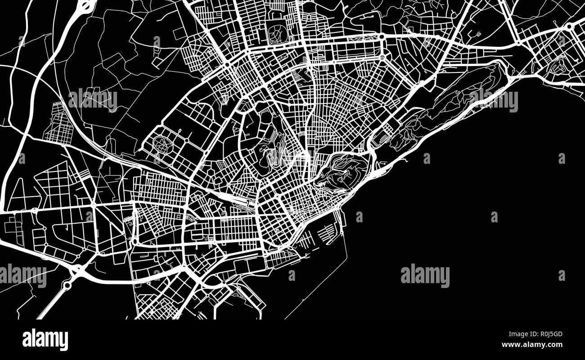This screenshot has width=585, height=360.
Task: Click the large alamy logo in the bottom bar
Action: pyautogui.click(x=45, y=340)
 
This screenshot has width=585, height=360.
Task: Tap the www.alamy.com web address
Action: pyautogui.click(x=532, y=345)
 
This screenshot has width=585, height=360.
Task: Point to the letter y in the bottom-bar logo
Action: pyautogui.click(x=64, y=341)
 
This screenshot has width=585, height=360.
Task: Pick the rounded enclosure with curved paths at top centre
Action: pyautogui.click(x=278, y=32)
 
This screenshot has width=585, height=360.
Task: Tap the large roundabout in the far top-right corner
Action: pyautogui.click(x=569, y=27)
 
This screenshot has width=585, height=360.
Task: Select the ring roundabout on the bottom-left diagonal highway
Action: pyautogui.click(x=67, y=285)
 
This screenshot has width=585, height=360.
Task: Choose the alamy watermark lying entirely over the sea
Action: pyautogui.click(x=425, y=275)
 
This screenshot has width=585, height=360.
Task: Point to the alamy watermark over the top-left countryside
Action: pyautogui.click(x=93, y=100)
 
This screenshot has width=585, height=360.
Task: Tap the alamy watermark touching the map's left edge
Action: pyautogui.click(x=23, y=275)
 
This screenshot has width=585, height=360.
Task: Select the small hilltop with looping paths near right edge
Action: pyautogui.click(x=559, y=65)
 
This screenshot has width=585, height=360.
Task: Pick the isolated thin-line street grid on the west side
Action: pyautogui.click(x=58, y=122)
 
